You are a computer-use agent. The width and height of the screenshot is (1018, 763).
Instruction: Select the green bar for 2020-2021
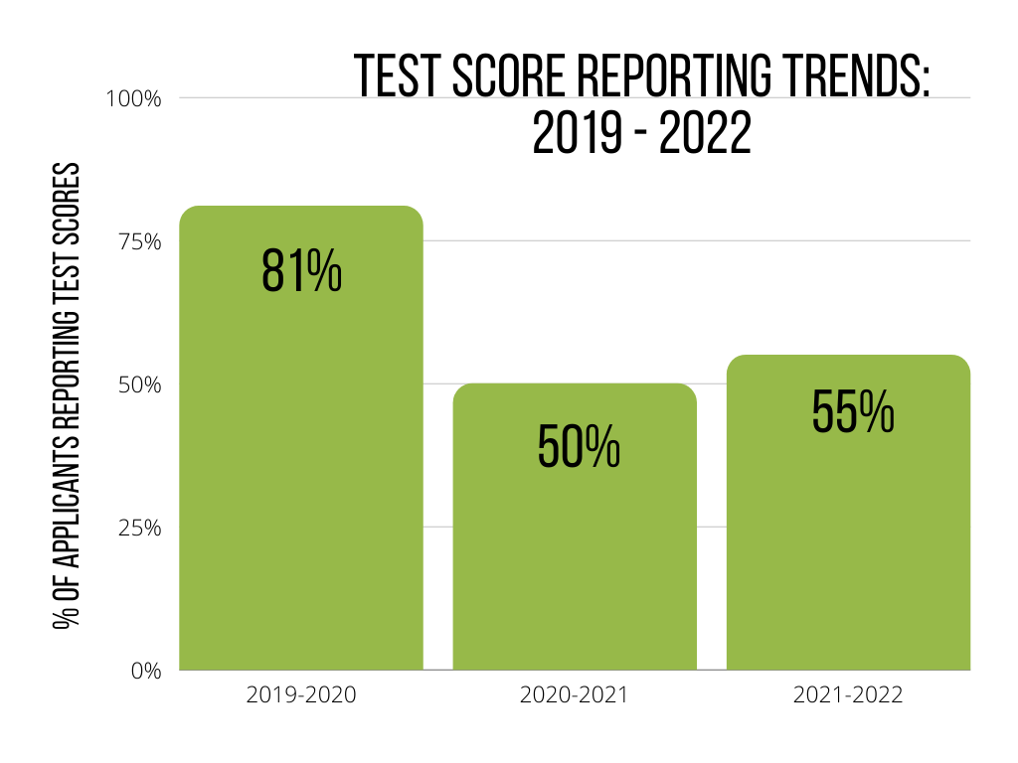pyautogui.click(x=575, y=556)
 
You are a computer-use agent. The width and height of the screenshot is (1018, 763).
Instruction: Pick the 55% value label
pyautogui.click(x=853, y=410)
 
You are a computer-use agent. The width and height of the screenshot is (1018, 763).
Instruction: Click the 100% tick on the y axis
pyautogui.click(x=134, y=98)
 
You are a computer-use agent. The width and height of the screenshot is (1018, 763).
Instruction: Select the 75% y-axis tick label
pyautogui.click(x=139, y=241)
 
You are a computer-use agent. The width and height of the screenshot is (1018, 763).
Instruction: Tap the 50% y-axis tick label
pyautogui.click(x=138, y=384)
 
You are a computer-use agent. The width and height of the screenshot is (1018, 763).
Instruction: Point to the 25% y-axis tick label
pyautogui.click(x=139, y=528)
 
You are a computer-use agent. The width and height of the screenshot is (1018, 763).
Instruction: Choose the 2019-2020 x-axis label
pyautogui.click(x=301, y=695)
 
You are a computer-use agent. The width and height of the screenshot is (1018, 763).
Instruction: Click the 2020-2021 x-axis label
pyautogui.click(x=575, y=695)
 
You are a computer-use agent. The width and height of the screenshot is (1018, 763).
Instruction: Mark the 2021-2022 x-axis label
pyautogui.click(x=848, y=695)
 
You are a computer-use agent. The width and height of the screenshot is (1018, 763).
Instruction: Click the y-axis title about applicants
pyautogui.click(x=68, y=397)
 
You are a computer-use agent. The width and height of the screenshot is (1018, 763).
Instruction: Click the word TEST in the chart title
pyautogui.click(x=395, y=77)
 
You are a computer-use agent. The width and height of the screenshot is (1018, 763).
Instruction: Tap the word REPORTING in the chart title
pyautogui.click(x=655, y=77)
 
